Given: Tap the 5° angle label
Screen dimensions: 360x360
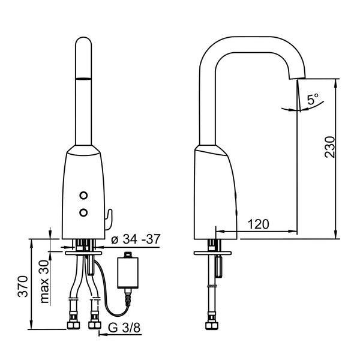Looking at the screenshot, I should point(313,100).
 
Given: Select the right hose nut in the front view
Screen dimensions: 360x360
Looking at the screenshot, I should point(94,325).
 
